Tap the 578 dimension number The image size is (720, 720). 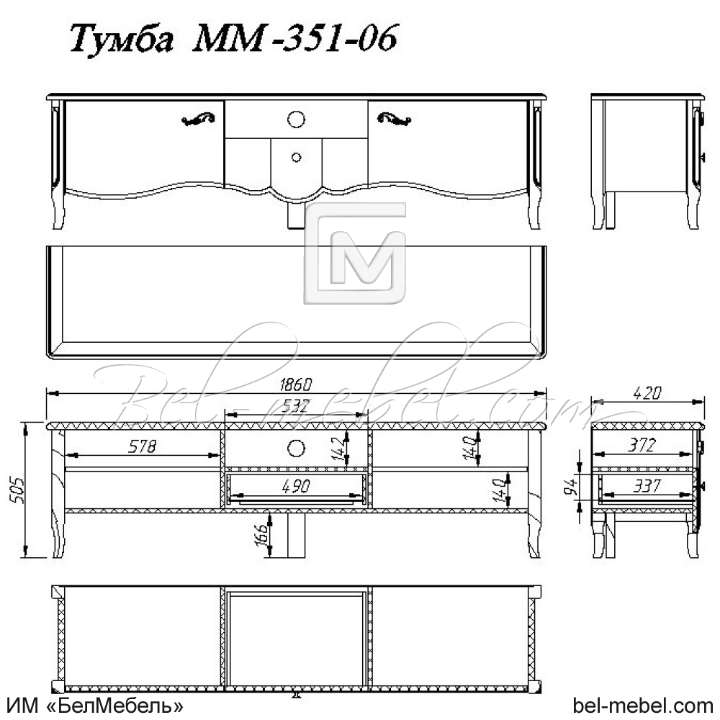tap(142, 446)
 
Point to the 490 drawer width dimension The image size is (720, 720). tap(297, 486)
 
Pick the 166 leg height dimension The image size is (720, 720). tap(261, 534)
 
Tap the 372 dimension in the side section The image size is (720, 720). tap(641, 446)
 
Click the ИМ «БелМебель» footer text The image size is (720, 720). tap(94, 704)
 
